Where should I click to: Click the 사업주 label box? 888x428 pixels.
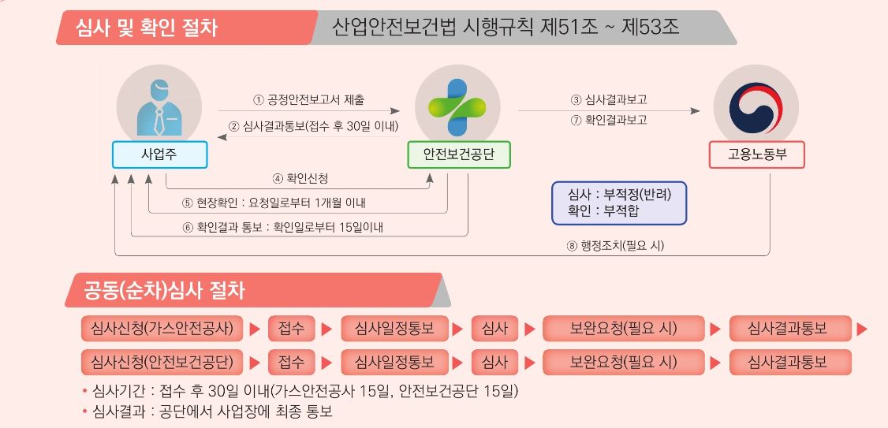pyautogui.click(x=160, y=154)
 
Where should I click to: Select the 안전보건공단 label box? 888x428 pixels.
pyautogui.click(x=459, y=154)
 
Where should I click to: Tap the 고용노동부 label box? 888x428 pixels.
pyautogui.click(x=756, y=154)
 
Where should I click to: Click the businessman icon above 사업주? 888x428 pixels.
pyautogui.click(x=160, y=107)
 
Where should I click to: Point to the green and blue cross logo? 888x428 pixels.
pyautogui.click(x=457, y=107)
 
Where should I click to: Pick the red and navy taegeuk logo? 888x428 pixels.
pyautogui.click(x=756, y=107)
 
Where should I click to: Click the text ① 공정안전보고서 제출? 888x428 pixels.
pyautogui.click(x=308, y=101)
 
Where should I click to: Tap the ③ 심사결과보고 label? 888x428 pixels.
pyautogui.click(x=609, y=100)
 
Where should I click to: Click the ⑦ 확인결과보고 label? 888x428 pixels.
pyautogui.click(x=609, y=120)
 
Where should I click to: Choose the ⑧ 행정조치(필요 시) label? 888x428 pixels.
pyautogui.click(x=615, y=246)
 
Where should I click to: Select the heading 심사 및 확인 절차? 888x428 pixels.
pyautogui.click(x=146, y=27)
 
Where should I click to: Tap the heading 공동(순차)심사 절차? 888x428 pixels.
pyautogui.click(x=164, y=290)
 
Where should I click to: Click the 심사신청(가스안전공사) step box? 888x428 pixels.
pyautogui.click(x=162, y=329)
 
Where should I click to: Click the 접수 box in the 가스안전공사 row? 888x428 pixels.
pyautogui.click(x=291, y=329)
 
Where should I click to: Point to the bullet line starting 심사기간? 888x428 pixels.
pyautogui.click(x=300, y=391)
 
